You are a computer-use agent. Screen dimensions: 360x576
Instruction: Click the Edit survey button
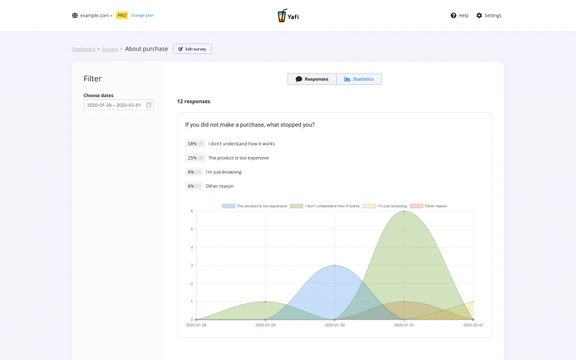[x=192, y=49]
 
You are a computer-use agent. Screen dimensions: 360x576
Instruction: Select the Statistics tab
[x=359, y=79]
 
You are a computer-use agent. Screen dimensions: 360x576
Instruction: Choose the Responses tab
[x=312, y=79]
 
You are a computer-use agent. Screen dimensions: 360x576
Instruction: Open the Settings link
[x=489, y=15]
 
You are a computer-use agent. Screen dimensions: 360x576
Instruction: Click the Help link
[x=459, y=15]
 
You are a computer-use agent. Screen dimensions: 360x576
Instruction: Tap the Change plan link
[x=142, y=15]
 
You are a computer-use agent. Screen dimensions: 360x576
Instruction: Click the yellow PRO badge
[x=122, y=15]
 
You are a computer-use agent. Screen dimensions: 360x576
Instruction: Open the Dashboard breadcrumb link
[x=83, y=49]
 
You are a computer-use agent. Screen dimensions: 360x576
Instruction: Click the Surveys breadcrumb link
[x=109, y=49]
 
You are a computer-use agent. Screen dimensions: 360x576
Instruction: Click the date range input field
[x=118, y=105]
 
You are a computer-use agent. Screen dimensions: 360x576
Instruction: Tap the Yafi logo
[x=288, y=15]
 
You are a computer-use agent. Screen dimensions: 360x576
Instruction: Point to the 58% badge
[x=195, y=143]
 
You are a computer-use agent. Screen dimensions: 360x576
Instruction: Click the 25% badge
[x=195, y=158]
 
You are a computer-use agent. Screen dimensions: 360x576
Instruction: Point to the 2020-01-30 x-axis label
[x=335, y=325]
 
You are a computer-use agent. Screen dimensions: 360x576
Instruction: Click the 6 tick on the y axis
[x=192, y=211]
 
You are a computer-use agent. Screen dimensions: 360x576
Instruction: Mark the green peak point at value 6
[x=404, y=212]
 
